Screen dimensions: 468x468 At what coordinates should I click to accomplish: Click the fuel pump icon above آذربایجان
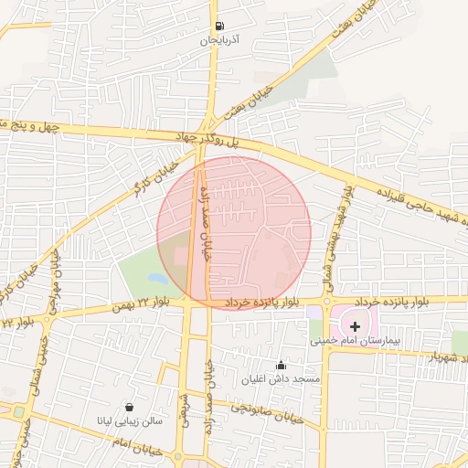point(218,27)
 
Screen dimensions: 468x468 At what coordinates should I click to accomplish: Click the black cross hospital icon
point(355,325)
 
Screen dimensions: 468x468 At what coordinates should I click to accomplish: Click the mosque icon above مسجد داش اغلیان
point(281,365)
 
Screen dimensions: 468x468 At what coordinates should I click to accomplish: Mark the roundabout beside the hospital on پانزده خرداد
point(325,301)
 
